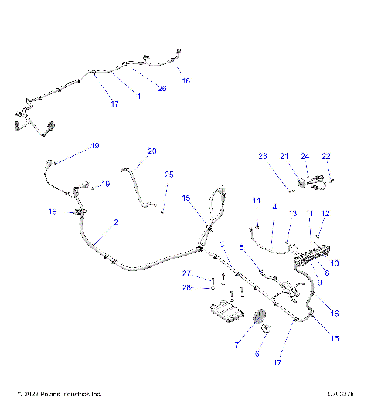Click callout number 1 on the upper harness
coord(138,96)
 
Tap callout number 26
coord(162,88)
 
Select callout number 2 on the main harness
coord(116,222)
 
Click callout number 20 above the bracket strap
coord(151,151)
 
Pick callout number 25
coord(168,175)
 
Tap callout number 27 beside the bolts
coord(186,274)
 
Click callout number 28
coord(186,288)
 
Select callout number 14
coord(257,201)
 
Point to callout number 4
coord(274,207)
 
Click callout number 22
coord(325,156)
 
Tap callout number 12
coord(325,213)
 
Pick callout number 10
coord(334,263)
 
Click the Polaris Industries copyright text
coord(60,394)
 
